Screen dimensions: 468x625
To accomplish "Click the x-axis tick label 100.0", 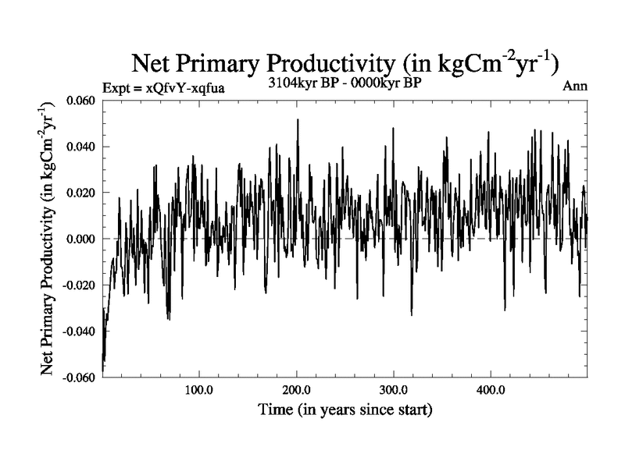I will click(x=198, y=389).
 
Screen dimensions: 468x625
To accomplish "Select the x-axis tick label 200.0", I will click(x=296, y=389).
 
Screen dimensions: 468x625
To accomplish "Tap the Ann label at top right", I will click(x=575, y=86).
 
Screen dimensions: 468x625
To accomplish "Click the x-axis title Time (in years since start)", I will click(x=345, y=409).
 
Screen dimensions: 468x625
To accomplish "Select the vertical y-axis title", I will click(x=48, y=239).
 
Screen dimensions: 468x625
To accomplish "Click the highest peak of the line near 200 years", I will click(x=298, y=120).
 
